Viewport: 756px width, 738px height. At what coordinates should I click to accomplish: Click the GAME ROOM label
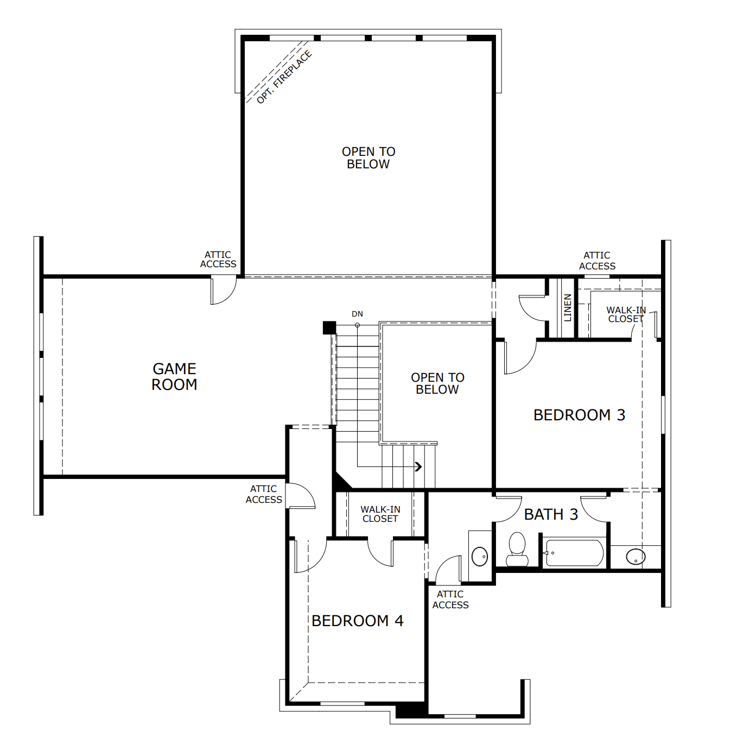pos(174,376)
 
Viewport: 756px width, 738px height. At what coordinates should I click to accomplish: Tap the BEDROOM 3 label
pos(579,415)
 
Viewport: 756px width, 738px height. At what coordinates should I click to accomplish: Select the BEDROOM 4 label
pos(358,621)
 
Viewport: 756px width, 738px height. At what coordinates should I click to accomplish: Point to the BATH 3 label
pos(551,514)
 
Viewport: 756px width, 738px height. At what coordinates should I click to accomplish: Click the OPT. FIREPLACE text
pos(284,77)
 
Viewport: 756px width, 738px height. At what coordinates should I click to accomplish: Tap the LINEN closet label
pos(568,307)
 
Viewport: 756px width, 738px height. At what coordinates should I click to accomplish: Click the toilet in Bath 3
pos(517,549)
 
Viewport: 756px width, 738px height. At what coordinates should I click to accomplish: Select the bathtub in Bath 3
pos(574,553)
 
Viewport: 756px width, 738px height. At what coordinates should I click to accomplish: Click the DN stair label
pos(357,314)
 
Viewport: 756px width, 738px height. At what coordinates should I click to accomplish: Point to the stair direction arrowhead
pos(418,466)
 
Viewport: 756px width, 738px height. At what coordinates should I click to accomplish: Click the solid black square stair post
pos(329,327)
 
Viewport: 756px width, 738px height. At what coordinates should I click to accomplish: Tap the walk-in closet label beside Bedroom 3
pos(626,314)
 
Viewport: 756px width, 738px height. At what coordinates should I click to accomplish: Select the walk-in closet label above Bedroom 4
pos(380,514)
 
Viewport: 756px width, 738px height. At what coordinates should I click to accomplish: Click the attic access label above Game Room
pos(218,260)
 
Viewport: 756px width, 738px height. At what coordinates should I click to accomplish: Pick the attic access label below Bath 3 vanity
pos(450,600)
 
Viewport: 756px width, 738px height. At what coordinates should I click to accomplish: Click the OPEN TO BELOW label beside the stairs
pos(437,383)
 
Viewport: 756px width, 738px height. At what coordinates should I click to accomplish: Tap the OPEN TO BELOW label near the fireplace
pos(369,158)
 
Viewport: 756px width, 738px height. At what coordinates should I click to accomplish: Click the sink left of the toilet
pos(480,557)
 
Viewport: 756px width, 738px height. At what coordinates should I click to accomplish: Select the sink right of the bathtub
pos(636,557)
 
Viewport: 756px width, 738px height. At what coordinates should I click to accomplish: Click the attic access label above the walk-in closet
pos(597,261)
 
